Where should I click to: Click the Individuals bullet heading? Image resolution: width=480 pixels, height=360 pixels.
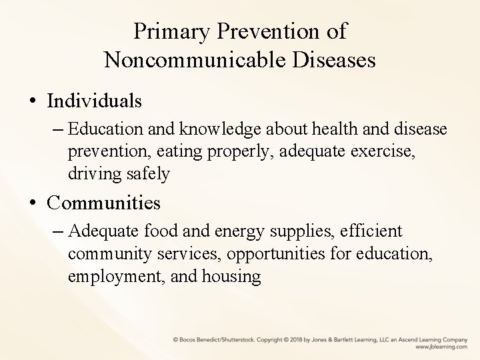point(95,101)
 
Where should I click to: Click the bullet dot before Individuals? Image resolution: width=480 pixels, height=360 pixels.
point(33,101)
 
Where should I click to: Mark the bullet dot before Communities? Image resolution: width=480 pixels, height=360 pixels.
point(33,202)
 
